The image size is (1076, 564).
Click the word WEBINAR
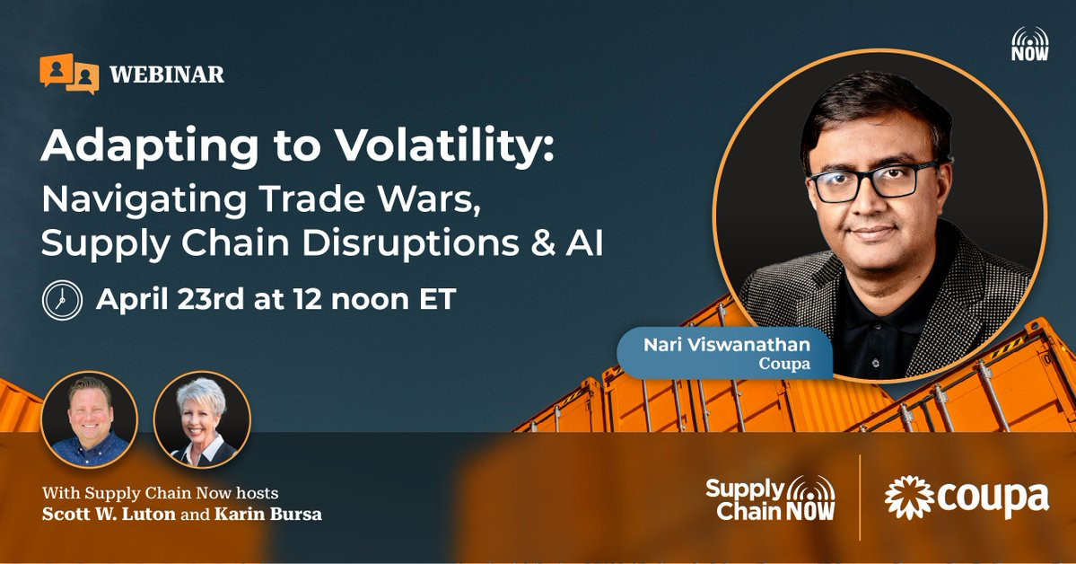[x=167, y=75]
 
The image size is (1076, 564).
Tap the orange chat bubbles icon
[x=69, y=73]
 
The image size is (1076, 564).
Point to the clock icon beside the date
[x=62, y=300]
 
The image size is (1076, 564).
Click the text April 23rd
[x=171, y=300]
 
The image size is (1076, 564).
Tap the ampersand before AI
[x=543, y=244]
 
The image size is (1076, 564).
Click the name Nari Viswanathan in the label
[x=727, y=345]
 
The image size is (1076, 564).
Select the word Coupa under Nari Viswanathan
[x=784, y=364]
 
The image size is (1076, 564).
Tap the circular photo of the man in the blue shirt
[x=90, y=419]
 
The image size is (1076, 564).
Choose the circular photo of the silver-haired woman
[x=203, y=419]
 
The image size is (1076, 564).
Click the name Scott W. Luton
[x=109, y=515]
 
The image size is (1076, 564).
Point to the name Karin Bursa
[x=267, y=515]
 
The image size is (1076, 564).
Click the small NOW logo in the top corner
[x=1030, y=44]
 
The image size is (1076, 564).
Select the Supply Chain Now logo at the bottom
[x=771, y=498]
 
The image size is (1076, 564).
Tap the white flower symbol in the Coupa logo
[x=908, y=498]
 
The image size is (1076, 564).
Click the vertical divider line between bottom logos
[x=860, y=498]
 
